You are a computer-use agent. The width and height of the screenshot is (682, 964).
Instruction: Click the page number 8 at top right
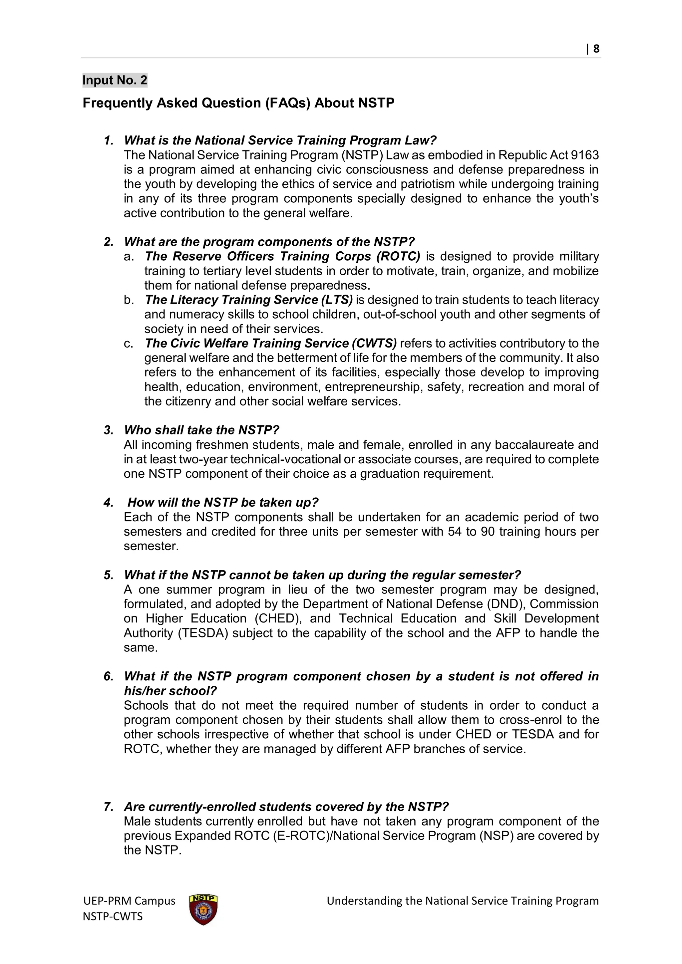(596, 49)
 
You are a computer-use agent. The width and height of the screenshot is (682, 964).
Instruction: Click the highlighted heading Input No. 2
(115, 80)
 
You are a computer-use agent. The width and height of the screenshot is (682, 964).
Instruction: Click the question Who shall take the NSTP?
(201, 430)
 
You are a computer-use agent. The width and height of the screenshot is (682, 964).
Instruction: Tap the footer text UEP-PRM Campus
(129, 901)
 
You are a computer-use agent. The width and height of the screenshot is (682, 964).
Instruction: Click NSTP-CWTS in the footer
(113, 916)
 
